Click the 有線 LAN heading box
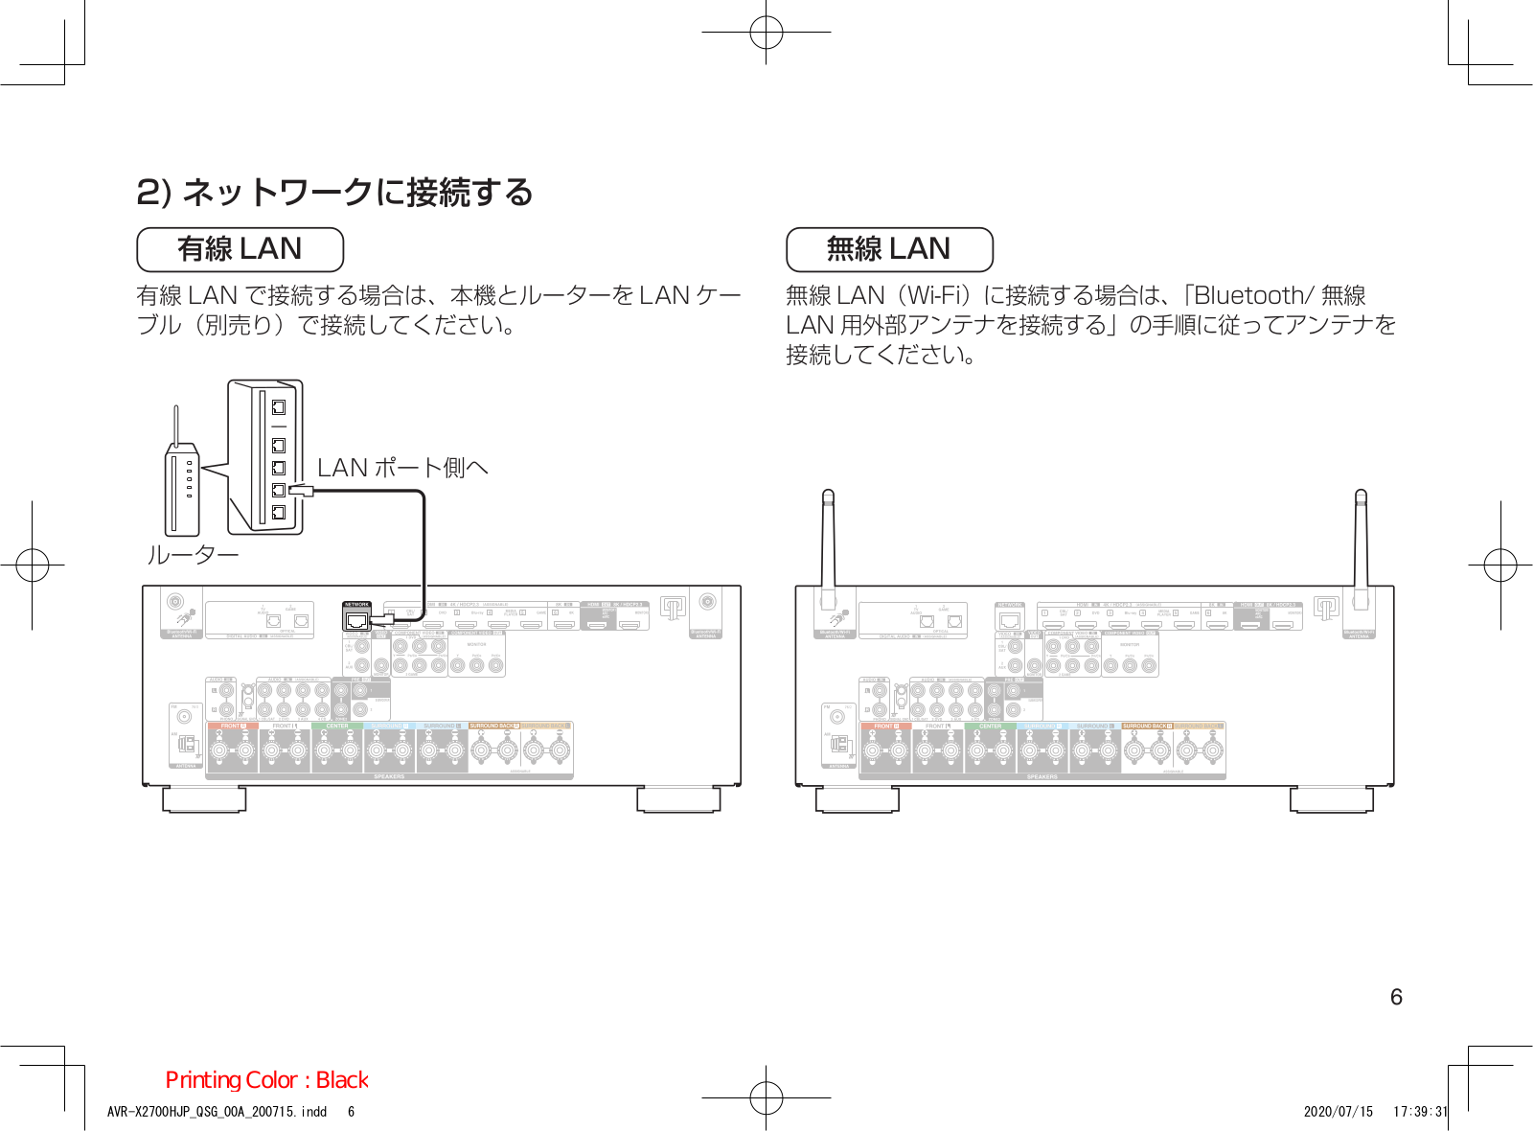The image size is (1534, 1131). [x=240, y=249]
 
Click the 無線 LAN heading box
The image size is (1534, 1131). [x=889, y=249]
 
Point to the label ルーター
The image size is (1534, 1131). [x=192, y=555]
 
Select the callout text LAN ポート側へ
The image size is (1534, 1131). [x=402, y=468]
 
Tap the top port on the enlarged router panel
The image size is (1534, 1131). [x=279, y=406]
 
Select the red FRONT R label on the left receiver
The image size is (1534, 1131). [x=234, y=727]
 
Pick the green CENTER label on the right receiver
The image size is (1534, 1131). [x=990, y=727]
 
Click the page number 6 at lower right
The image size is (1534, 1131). [x=1396, y=997]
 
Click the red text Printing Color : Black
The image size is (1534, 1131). [x=266, y=1080]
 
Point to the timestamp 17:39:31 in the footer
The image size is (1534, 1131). [x=1421, y=1112]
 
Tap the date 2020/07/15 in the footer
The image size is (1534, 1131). [x=1338, y=1112]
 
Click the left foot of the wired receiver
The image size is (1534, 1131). [x=204, y=799]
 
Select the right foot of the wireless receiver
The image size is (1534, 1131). [x=1332, y=799]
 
